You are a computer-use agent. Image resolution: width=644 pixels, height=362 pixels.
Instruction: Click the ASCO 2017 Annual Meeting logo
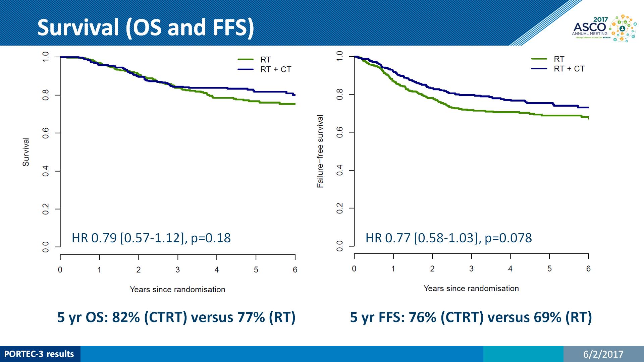point(604,28)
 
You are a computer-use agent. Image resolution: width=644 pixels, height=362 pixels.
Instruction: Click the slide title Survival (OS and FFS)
point(146,27)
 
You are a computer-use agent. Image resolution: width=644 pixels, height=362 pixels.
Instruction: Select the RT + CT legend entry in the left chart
point(275,69)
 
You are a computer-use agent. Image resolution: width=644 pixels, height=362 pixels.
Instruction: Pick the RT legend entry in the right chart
point(559,59)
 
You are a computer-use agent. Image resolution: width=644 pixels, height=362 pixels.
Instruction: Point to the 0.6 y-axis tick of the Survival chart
point(46,133)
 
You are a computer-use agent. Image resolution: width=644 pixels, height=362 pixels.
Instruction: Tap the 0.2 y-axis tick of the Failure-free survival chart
point(339,208)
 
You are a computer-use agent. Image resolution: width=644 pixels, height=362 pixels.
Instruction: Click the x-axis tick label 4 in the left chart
point(217,270)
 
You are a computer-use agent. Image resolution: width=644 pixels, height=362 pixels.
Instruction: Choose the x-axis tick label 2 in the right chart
point(432,269)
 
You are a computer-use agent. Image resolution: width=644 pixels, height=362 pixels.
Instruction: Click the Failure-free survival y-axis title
point(320,151)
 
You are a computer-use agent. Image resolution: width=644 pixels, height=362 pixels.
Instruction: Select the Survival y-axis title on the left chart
point(26,152)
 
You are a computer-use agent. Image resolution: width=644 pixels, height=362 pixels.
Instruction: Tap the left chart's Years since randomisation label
point(177,290)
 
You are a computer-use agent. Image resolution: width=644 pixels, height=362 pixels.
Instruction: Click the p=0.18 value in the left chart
point(211,238)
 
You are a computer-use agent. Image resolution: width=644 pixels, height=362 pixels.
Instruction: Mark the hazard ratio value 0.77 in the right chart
point(398,238)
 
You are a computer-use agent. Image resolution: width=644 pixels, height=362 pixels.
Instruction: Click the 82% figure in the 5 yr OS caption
point(126,317)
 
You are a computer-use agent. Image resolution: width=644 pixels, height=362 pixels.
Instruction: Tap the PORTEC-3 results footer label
point(39,354)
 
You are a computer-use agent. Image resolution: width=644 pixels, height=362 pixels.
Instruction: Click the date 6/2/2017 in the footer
point(603,354)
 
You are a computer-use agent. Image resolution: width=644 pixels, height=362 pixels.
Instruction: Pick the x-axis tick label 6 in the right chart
point(588,269)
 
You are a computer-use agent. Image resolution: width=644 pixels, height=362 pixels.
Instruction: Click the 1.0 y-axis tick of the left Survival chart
point(46,57)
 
